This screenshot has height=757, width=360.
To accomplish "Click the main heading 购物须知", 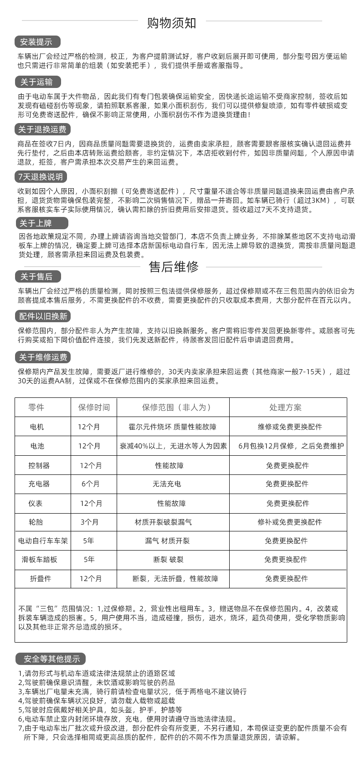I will pyautogui.click(x=171, y=23).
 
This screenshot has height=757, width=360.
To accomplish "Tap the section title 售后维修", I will pyautogui.click(x=174, y=267).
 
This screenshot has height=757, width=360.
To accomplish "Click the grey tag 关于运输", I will pyautogui.click(x=37, y=82).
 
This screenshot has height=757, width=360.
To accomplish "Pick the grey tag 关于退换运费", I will pyautogui.click(x=42, y=129).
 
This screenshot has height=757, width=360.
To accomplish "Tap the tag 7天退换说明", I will pyautogui.click(x=41, y=177).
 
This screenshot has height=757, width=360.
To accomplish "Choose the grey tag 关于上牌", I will pyautogui.click(x=37, y=223).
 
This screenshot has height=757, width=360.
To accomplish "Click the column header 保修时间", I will pyautogui.click(x=94, y=407).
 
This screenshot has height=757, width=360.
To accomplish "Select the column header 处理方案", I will pyautogui.click(x=286, y=407).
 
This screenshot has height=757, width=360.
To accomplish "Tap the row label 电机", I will pyautogui.click(x=37, y=427).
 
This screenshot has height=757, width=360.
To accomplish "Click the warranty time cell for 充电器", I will pyautogui.click(x=90, y=484).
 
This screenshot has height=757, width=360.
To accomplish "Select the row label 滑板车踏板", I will pyautogui.click(x=40, y=559).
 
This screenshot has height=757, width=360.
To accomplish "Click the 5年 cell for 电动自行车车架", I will pyautogui.click(x=89, y=541).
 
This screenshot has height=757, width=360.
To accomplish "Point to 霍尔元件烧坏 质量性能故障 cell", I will pyautogui.click(x=173, y=427).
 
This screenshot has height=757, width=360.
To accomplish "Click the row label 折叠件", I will pyautogui.click(x=41, y=578).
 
